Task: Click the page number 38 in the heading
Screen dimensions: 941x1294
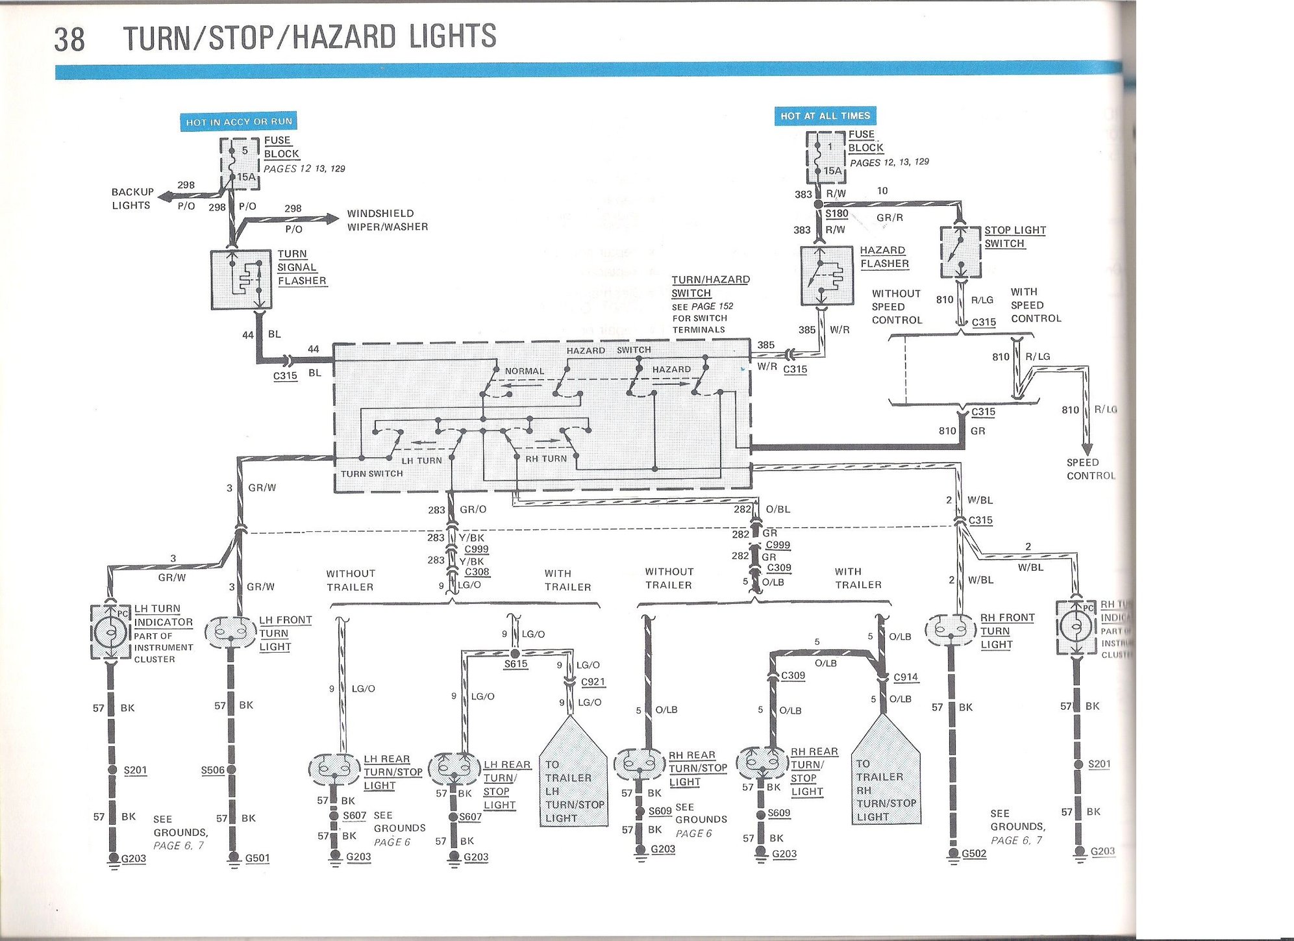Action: (x=69, y=39)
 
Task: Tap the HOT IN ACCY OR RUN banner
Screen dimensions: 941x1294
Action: (x=238, y=121)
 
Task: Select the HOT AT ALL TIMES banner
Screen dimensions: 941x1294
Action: (x=825, y=116)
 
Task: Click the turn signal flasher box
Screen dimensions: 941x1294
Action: (x=241, y=279)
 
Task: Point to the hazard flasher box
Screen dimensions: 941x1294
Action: (x=826, y=275)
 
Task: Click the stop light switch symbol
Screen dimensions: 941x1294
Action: (x=960, y=252)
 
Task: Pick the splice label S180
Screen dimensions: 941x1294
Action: (x=837, y=213)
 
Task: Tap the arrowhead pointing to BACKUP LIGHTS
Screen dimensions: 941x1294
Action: (x=164, y=197)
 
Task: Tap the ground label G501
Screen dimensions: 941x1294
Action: (x=257, y=858)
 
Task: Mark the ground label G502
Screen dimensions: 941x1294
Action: (x=974, y=853)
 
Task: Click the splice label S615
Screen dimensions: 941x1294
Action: (x=516, y=664)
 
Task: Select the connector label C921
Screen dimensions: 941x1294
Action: (x=593, y=682)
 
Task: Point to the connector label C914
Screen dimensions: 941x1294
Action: (x=906, y=677)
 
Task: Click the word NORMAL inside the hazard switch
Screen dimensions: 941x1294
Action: (x=525, y=371)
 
